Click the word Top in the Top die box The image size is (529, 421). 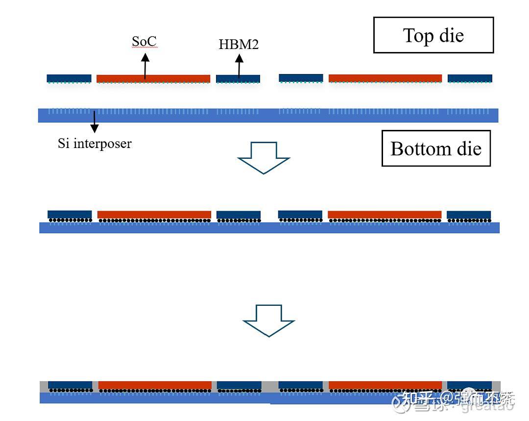(x=418, y=35)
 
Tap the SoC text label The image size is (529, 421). (x=144, y=42)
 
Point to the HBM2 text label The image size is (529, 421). (x=239, y=45)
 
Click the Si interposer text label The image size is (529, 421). (x=95, y=144)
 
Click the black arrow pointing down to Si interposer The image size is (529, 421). (x=94, y=122)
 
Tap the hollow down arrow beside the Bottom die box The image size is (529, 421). (x=264, y=157)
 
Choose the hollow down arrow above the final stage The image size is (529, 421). (x=269, y=320)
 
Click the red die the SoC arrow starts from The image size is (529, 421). (x=153, y=78)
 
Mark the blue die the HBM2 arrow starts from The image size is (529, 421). (x=238, y=78)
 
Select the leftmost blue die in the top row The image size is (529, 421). (x=69, y=78)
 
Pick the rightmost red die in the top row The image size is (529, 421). (x=385, y=78)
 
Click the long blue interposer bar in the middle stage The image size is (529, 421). (x=269, y=227)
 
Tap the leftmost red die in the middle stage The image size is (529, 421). (x=154, y=214)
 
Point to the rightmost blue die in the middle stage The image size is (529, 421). (x=469, y=215)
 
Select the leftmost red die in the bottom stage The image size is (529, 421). (x=155, y=385)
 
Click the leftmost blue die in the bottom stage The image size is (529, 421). (x=70, y=385)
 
